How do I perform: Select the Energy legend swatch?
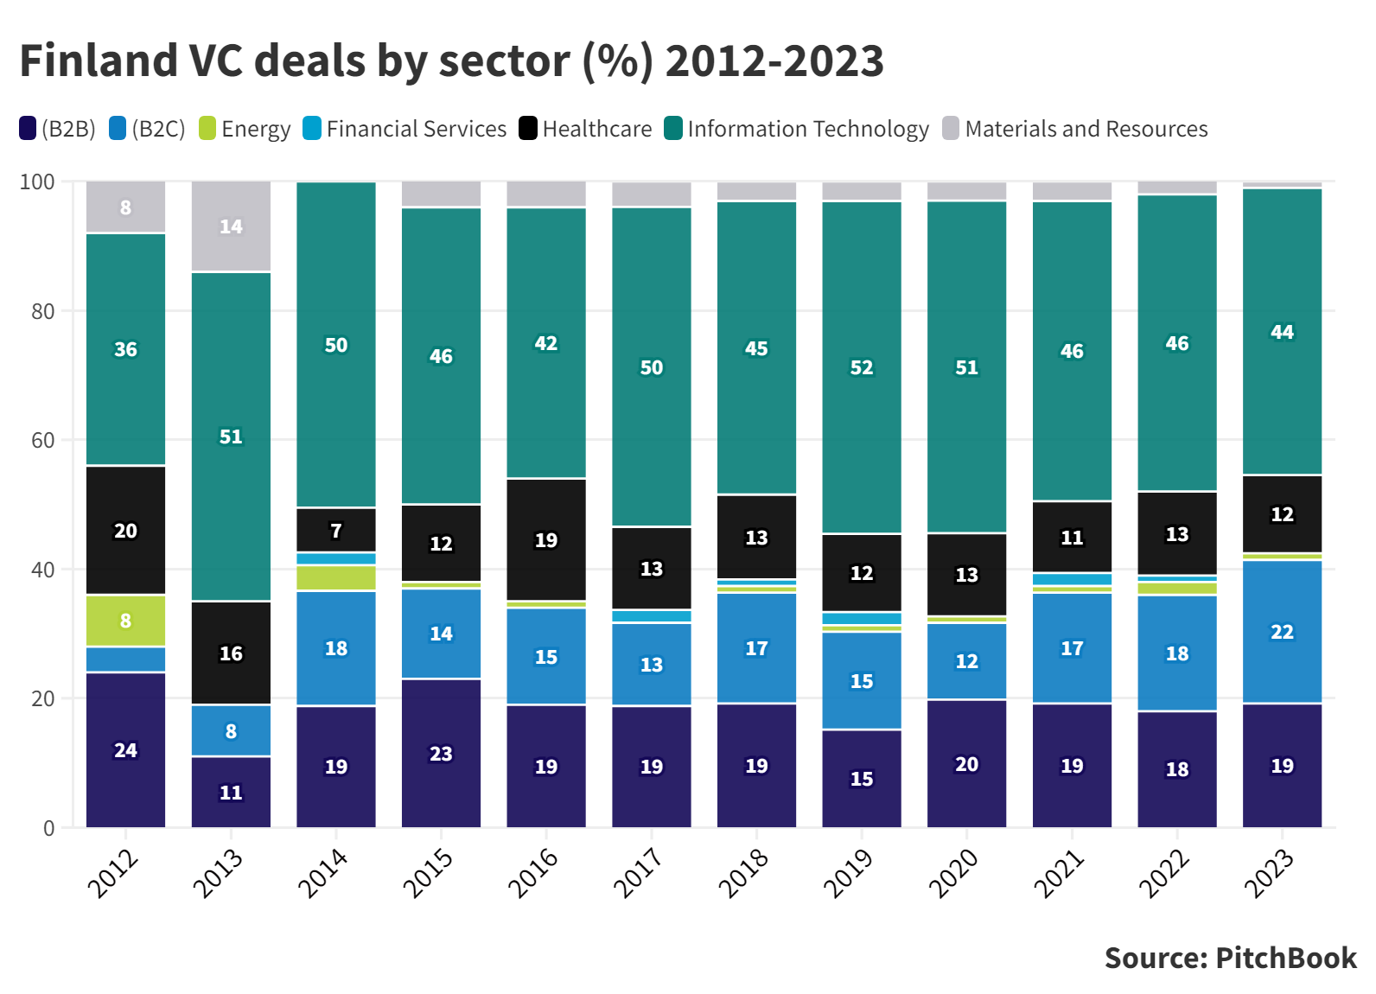coord(207,129)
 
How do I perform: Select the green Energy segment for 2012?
coord(126,621)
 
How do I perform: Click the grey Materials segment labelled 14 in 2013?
coord(231,226)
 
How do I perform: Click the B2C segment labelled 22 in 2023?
coord(1282,632)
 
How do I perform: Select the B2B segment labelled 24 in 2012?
coord(126,750)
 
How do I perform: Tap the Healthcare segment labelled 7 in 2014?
coord(336,530)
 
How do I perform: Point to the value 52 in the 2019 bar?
coord(862,367)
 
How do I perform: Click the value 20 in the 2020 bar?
coord(966,764)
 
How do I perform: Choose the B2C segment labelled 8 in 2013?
coord(231,731)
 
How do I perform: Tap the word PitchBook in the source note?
coord(1286,958)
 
